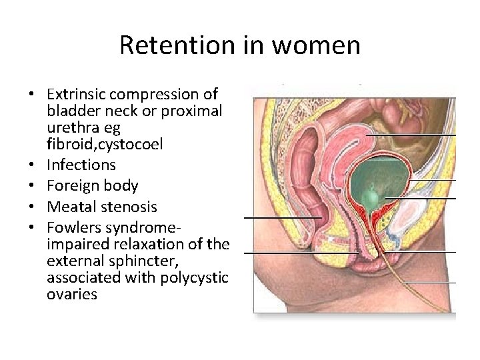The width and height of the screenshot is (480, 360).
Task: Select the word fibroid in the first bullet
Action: (67, 144)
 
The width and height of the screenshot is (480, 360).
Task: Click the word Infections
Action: (81, 165)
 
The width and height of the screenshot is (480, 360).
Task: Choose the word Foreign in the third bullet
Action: (73, 186)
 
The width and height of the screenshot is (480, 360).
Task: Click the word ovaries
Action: (72, 294)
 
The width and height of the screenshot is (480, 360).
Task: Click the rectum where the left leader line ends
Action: (319, 217)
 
